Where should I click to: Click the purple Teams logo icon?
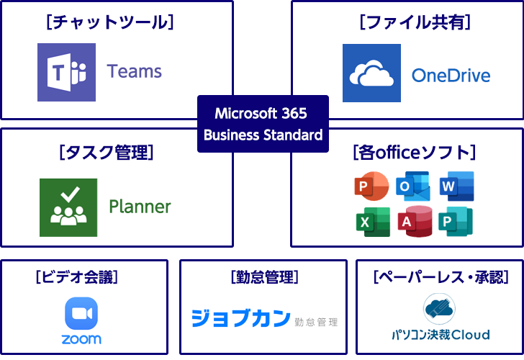point(66,72)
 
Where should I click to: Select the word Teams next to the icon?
point(135,71)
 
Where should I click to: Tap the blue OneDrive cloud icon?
point(371,73)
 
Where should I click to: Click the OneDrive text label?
point(451,75)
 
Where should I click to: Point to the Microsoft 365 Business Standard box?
point(263,124)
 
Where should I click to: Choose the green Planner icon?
point(68,207)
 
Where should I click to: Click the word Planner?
point(140,207)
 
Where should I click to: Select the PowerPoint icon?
point(371,187)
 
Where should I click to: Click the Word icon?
point(456,186)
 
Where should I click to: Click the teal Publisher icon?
point(456,222)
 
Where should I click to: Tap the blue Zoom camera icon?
point(81,314)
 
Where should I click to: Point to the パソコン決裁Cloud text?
point(441,334)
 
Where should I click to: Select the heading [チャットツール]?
point(109,22)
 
